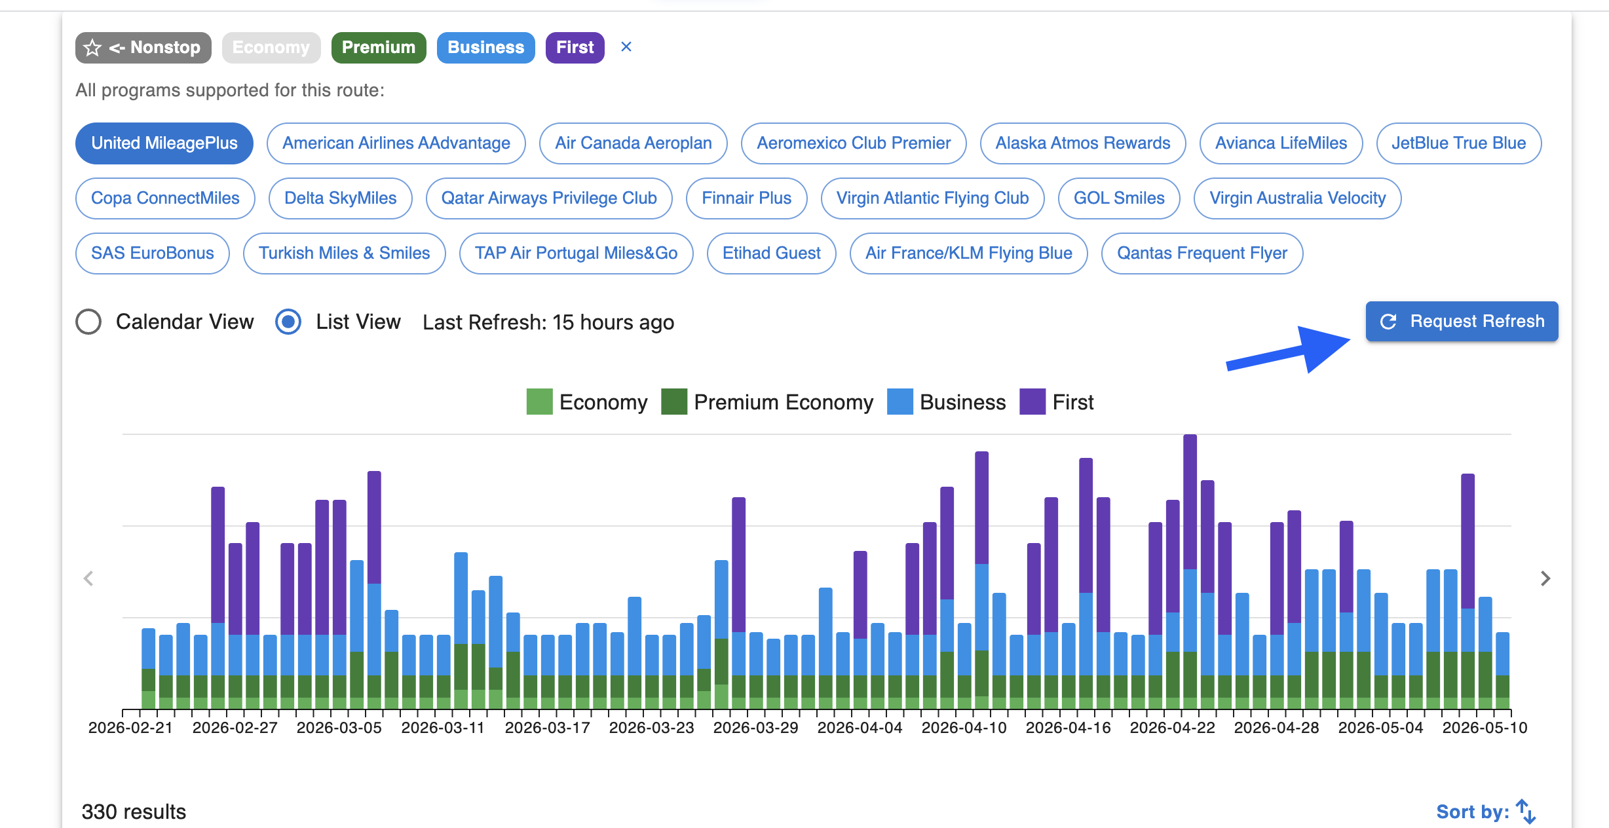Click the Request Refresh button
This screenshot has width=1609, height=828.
pyautogui.click(x=1462, y=321)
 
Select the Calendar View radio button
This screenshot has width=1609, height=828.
pyautogui.click(x=88, y=322)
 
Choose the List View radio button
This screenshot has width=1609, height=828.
pyautogui.click(x=288, y=322)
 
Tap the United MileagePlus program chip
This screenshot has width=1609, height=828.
pyautogui.click(x=164, y=143)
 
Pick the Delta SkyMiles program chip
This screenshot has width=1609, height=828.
pyautogui.click(x=341, y=198)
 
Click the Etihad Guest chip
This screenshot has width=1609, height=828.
pyautogui.click(x=772, y=253)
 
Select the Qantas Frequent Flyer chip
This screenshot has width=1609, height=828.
pyautogui.click(x=1202, y=253)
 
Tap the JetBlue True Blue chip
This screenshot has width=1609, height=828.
pyautogui.click(x=1459, y=143)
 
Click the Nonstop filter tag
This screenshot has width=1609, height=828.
pyautogui.click(x=143, y=47)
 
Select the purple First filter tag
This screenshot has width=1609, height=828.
pyautogui.click(x=575, y=47)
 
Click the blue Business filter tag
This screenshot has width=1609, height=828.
pyautogui.click(x=486, y=47)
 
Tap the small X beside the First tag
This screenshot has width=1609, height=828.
pyautogui.click(x=626, y=47)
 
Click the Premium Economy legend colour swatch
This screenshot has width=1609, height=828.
pyautogui.click(x=674, y=402)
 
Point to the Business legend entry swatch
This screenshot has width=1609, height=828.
pyautogui.click(x=900, y=402)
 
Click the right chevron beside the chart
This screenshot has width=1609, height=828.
pyautogui.click(x=1545, y=578)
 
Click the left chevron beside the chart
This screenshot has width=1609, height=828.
pyautogui.click(x=88, y=578)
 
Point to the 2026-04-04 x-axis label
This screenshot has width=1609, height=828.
pyautogui.click(x=860, y=728)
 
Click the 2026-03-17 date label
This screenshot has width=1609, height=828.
pyautogui.click(x=548, y=728)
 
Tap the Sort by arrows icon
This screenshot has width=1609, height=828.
pyautogui.click(x=1526, y=812)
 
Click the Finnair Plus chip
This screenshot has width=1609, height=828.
pyautogui.click(x=747, y=198)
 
